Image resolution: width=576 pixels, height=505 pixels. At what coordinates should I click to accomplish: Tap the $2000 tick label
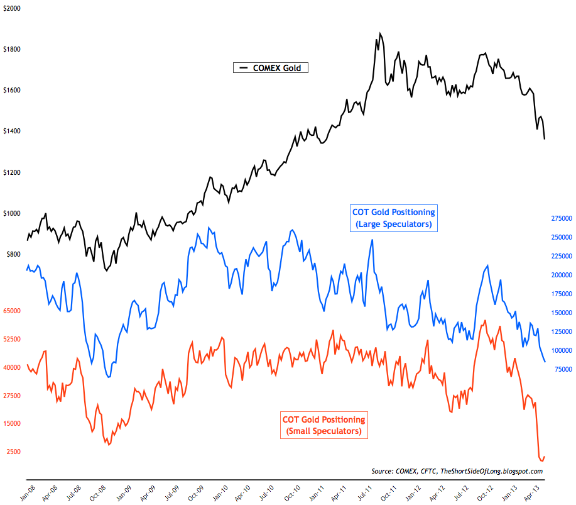click(11, 8)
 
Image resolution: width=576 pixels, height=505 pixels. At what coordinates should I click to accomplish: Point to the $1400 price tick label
click(11, 131)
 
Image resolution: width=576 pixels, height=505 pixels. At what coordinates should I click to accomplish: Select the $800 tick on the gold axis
click(13, 255)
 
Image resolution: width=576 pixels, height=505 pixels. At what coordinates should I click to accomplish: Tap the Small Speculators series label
click(323, 425)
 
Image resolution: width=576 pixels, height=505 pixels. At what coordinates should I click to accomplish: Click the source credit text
click(457, 471)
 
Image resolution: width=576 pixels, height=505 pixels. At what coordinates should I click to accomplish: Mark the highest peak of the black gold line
click(380, 33)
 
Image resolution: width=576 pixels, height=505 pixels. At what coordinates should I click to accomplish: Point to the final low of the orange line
click(541, 461)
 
